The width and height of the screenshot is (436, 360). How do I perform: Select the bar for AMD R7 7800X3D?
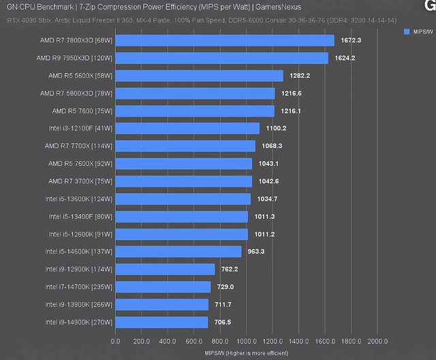pos(225,40)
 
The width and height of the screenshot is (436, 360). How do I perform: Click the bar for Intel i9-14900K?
pos(161,322)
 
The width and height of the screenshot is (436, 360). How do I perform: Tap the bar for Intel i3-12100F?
pos(187,128)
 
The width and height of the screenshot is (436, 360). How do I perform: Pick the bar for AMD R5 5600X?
pos(199,76)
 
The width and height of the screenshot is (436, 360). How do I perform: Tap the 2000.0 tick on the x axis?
pos(377,341)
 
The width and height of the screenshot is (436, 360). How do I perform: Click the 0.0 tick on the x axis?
pos(115,341)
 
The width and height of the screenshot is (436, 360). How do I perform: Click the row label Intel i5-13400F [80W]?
pos(80,216)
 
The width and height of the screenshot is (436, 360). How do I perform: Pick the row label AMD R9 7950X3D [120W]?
pos(74,58)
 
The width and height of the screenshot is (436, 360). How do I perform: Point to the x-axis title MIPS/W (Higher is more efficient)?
pos(246,352)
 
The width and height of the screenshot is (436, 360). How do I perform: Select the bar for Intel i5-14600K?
pos(178,252)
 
